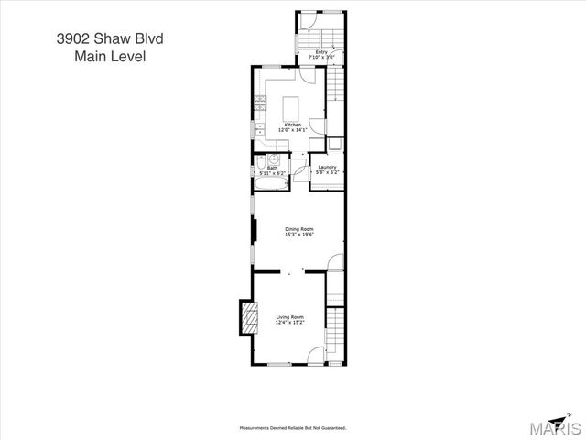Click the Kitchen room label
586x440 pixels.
[x=292, y=125]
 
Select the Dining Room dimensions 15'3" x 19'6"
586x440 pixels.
[x=298, y=236]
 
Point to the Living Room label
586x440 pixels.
[x=289, y=317]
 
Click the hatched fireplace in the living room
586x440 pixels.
[x=246, y=318]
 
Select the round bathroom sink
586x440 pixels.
[x=271, y=159]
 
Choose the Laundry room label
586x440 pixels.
[x=327, y=167]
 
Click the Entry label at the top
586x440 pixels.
[x=321, y=52]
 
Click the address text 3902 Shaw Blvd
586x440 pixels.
[x=110, y=38]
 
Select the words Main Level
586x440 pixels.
[x=110, y=56]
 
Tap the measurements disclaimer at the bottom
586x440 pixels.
[x=292, y=427]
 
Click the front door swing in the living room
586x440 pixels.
[x=316, y=357]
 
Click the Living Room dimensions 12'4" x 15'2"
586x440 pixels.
[x=289, y=323]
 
